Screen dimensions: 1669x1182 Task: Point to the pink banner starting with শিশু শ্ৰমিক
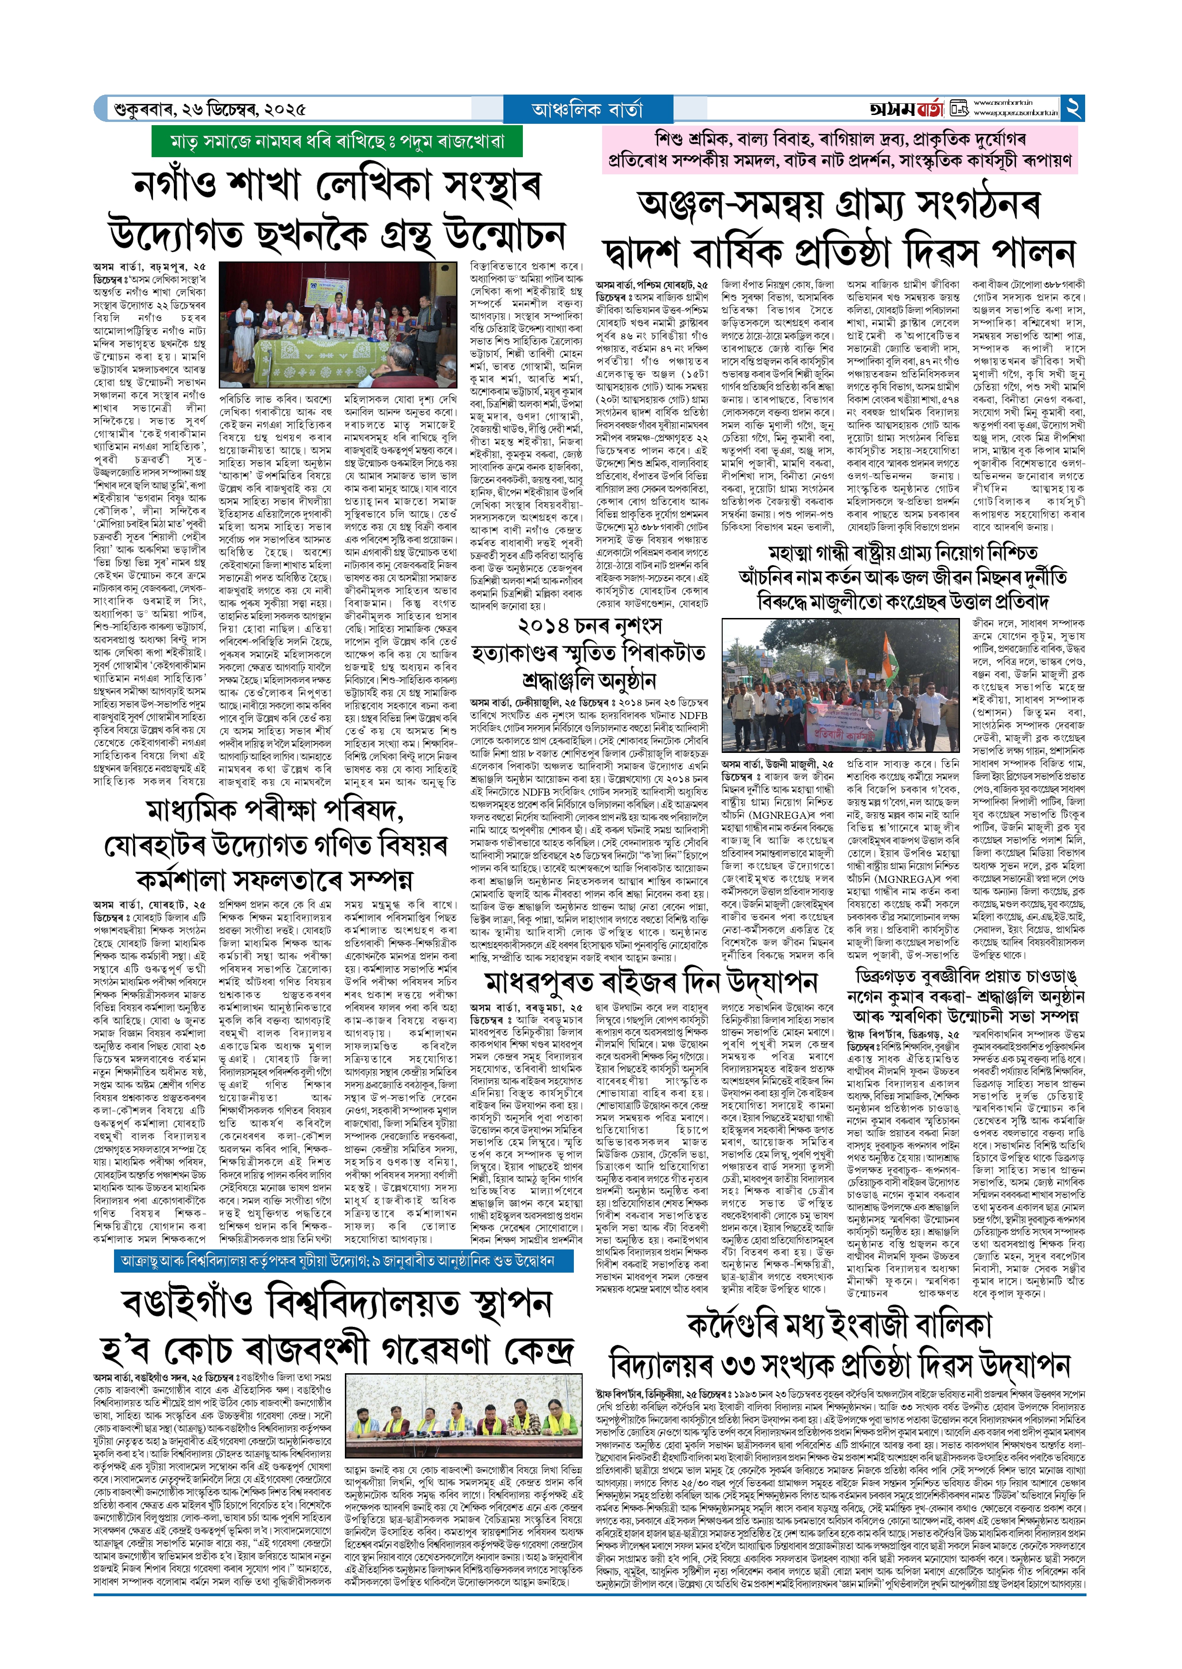click(839, 149)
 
